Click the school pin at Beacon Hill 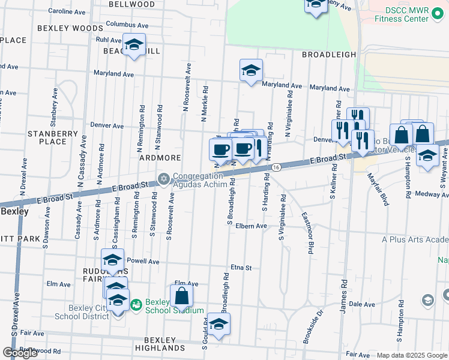(134, 46)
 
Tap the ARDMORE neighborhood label (160, 158)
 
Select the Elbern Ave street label (251, 226)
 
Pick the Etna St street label (241, 268)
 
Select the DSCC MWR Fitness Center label (402, 14)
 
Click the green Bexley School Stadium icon (136, 305)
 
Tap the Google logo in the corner (20, 353)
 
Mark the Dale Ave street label (362, 304)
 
